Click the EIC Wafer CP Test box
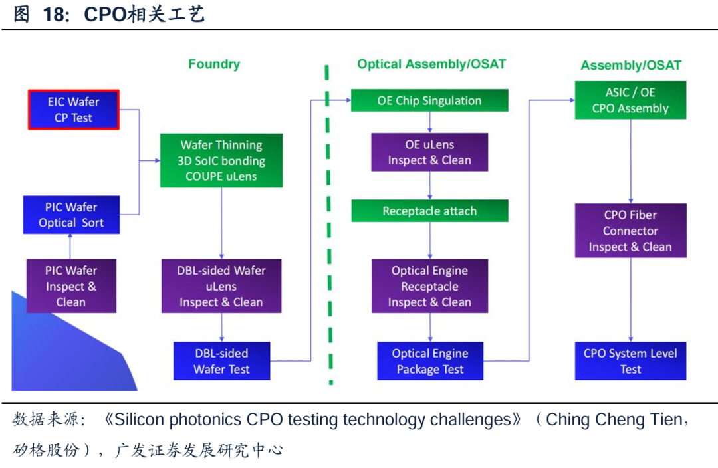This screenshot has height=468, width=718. coord(74,110)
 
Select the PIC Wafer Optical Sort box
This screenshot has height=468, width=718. coord(72,215)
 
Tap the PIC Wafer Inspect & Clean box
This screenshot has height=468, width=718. coord(71,287)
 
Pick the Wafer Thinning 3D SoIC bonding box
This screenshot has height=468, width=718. coord(221,160)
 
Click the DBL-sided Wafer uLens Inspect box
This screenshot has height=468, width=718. coord(221,287)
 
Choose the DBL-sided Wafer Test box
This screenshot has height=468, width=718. coord(221,361)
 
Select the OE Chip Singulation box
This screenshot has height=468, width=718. coord(429,101)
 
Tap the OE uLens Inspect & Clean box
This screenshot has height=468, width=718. coord(429,152)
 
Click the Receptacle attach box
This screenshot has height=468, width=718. coord(429,211)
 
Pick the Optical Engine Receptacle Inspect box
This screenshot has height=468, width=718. coord(429,287)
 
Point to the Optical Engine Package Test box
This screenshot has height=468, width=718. coord(429,361)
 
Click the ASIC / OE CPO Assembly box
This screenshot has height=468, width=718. coord(630,100)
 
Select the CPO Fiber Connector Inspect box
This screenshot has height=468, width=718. coord(630,231)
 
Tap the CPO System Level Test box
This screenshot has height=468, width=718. coord(630,361)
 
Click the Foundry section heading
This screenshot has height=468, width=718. coord(214,64)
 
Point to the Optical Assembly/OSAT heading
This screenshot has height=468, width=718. coord(431,64)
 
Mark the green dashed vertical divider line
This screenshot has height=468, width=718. coord(328,226)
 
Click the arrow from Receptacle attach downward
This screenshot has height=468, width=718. coord(430,240)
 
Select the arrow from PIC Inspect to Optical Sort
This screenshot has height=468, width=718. coord(71,247)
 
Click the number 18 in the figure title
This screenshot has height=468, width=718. coord(57,15)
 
